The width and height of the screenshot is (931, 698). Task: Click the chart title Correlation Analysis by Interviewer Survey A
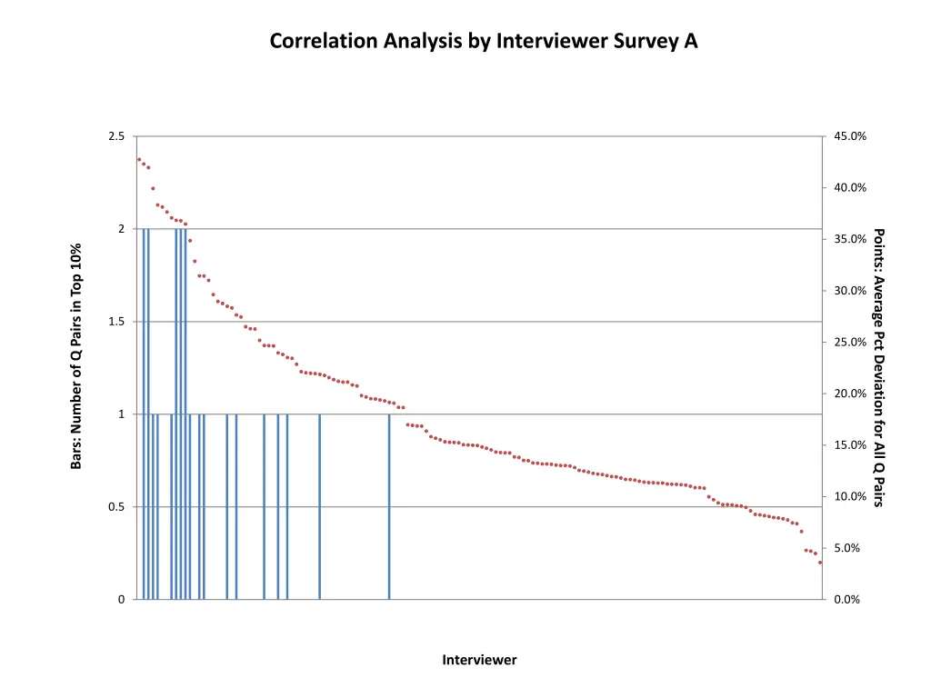484,41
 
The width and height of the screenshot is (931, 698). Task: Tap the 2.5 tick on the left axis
116,136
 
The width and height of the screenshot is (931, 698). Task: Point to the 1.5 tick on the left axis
116,322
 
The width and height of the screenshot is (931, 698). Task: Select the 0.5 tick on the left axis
116,507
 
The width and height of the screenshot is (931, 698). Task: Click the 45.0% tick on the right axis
849,136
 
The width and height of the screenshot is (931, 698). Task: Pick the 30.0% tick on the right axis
849,291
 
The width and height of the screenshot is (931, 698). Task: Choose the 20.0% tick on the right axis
849,394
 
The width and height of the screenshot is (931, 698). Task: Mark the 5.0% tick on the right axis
849,548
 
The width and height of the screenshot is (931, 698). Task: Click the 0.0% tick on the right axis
849,600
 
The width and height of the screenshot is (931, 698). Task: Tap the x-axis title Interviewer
479,660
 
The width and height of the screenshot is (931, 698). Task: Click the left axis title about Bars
76,356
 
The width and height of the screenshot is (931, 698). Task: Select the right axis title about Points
878,367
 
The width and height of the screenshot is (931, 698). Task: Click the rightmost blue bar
389,506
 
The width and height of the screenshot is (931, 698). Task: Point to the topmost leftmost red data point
139,159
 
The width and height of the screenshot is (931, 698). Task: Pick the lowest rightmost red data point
820,563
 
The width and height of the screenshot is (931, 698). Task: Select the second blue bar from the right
320,506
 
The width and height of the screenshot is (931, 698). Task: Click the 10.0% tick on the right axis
849,496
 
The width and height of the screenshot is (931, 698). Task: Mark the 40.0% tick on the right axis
849,188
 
